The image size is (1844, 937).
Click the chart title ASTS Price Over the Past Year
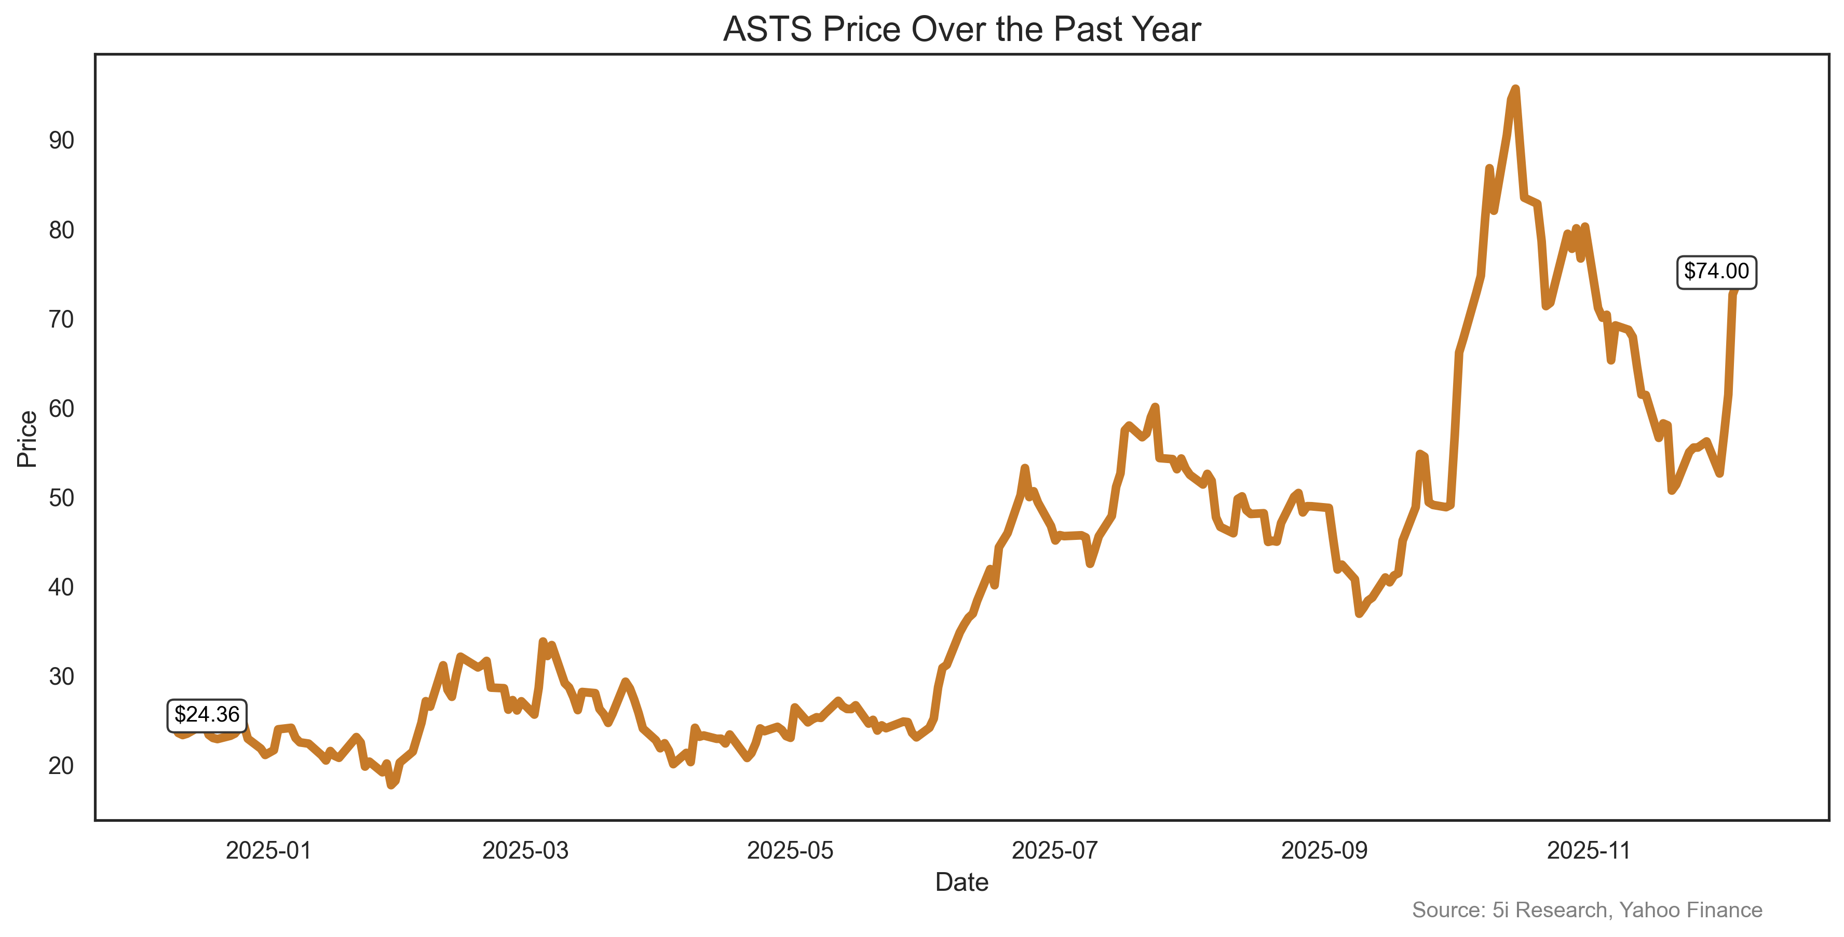(x=961, y=30)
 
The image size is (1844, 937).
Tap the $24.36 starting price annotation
(x=207, y=714)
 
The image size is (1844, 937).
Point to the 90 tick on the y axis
(x=62, y=140)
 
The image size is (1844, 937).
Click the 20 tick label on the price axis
(x=62, y=766)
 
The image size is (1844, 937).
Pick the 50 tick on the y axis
(x=62, y=498)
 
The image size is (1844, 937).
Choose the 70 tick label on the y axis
(x=62, y=319)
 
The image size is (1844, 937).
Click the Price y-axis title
(x=27, y=439)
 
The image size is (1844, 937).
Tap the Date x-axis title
(x=961, y=882)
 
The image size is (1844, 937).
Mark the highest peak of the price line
(x=1515, y=89)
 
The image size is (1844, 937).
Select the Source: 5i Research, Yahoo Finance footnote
(x=1587, y=910)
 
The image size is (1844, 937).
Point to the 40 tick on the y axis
(x=62, y=588)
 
